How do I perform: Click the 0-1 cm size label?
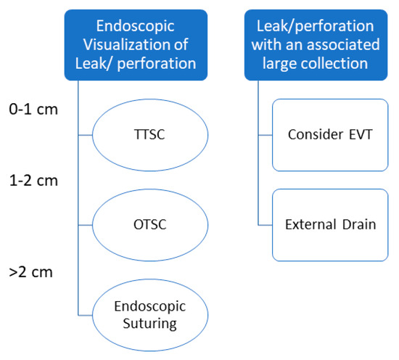[x=33, y=110]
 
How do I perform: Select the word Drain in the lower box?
[x=360, y=224]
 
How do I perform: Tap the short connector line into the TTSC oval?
[x=85, y=135]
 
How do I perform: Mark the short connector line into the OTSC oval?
[x=85, y=225]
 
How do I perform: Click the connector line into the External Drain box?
[x=265, y=224]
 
